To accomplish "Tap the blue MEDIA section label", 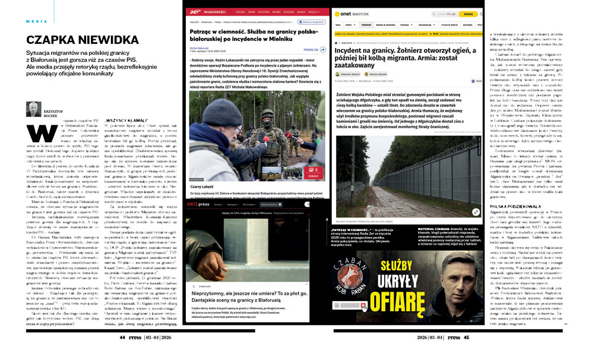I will [37, 21].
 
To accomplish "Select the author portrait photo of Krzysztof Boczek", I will [33, 109].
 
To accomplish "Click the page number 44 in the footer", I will [121, 337].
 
